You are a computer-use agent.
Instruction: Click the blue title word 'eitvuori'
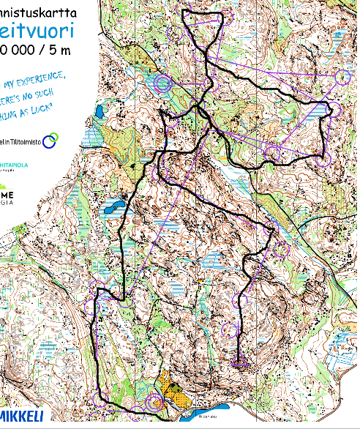point(37,31)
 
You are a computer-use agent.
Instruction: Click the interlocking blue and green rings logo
point(50,141)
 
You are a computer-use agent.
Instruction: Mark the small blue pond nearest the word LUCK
point(98,112)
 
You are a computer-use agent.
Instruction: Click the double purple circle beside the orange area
point(155,401)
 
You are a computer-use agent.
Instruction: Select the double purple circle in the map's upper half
point(162,85)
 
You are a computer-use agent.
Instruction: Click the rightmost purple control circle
point(334,110)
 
